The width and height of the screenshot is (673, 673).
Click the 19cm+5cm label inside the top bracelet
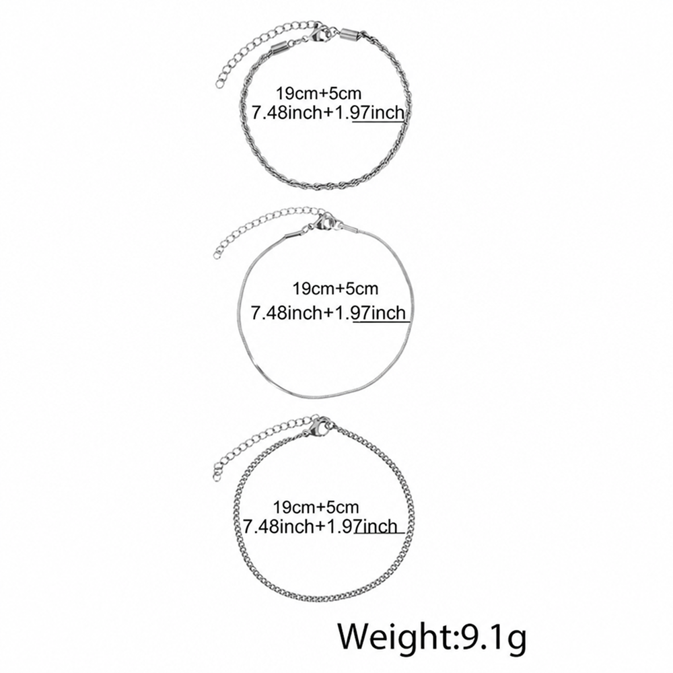tap(318, 93)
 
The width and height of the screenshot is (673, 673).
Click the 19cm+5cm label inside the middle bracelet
tap(335, 289)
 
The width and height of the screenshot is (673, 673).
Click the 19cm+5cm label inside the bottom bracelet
tap(316, 507)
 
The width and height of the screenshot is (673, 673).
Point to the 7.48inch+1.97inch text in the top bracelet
tap(328, 112)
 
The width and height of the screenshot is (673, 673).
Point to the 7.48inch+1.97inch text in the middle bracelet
tap(328, 312)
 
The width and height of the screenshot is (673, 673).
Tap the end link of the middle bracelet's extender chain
tap(219, 253)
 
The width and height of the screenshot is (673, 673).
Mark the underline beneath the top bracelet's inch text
tap(378, 122)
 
